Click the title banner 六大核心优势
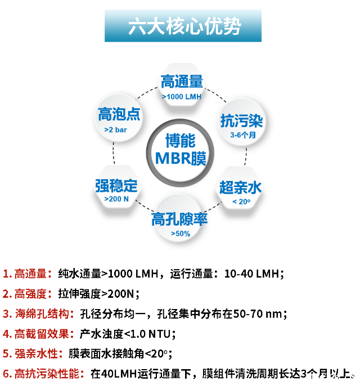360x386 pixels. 183,26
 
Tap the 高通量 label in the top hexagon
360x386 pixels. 182,81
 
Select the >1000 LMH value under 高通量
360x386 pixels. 182,97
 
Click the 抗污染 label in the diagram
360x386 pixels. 241,121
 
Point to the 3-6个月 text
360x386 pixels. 243,135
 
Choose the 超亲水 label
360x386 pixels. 240,188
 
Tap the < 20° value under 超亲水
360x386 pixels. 241,202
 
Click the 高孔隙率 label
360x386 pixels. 179,219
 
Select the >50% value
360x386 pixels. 181,234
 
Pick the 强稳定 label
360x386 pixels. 116,185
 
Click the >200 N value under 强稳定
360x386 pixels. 116,199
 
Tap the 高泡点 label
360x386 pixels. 119,114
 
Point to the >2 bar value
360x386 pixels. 115,130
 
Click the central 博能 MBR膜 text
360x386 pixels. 181,149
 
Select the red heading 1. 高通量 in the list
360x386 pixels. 27,274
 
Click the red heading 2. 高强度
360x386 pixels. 27,294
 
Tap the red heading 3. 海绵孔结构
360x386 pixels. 38,314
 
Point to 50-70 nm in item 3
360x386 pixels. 257,314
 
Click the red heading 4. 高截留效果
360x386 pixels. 38,334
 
